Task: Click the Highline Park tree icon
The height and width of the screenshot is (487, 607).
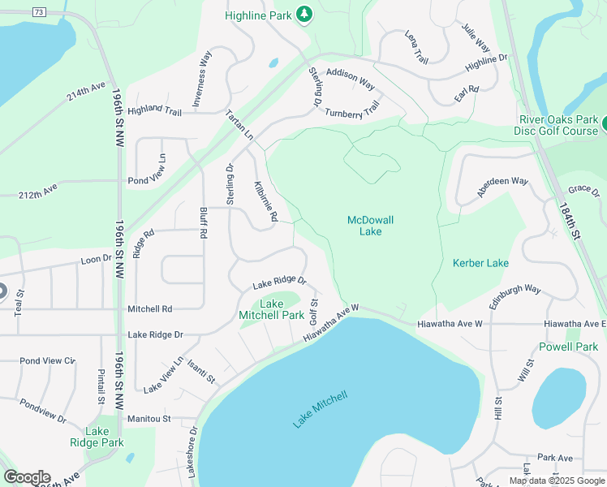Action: (x=303, y=14)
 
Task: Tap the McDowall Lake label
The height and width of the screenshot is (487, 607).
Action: (x=364, y=226)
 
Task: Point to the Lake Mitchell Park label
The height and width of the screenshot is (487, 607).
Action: (x=271, y=309)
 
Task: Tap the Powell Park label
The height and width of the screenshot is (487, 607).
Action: (x=568, y=347)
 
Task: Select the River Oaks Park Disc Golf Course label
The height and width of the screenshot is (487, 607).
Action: (x=558, y=126)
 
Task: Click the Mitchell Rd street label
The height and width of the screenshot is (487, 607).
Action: (x=150, y=308)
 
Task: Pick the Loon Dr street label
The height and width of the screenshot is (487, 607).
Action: (x=95, y=259)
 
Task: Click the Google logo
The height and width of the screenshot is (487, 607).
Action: (x=27, y=477)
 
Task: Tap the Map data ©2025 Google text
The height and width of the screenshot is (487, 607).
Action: (x=556, y=481)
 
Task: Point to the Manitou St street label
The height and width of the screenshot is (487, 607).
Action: (x=149, y=419)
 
